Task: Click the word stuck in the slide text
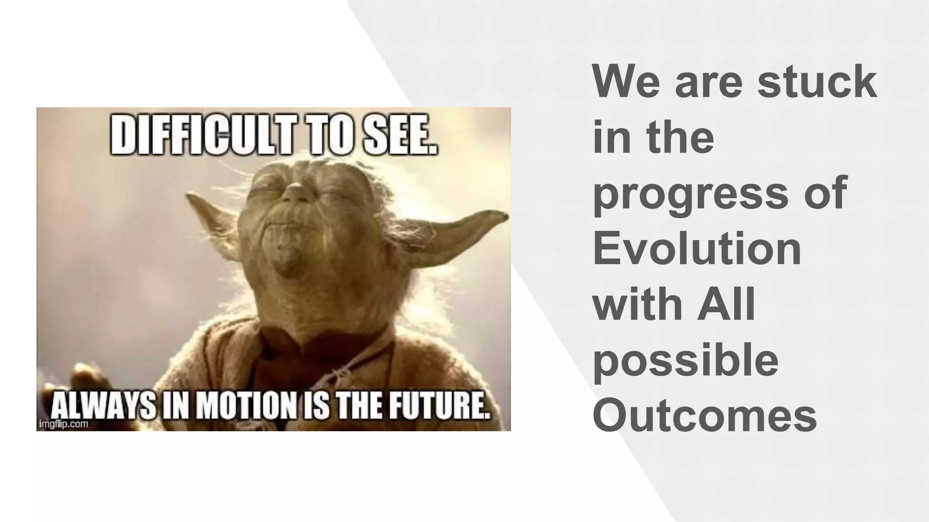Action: pos(817,82)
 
